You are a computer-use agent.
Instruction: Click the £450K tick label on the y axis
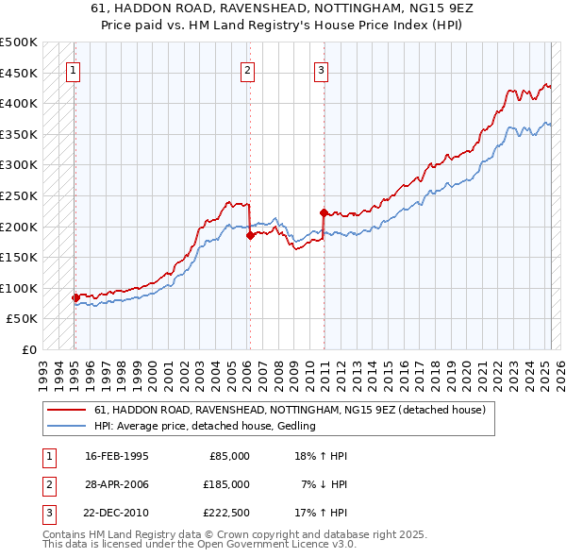click(19, 73)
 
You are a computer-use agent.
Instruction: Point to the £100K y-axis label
click(19, 288)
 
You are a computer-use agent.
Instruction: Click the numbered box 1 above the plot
click(74, 69)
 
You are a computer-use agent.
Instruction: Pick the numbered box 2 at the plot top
click(247, 69)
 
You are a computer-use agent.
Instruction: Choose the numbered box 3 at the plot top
click(321, 69)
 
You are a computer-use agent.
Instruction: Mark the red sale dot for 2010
click(323, 212)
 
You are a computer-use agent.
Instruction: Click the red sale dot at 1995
click(75, 297)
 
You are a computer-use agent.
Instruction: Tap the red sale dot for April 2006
click(250, 236)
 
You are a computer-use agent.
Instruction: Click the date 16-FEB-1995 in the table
click(117, 456)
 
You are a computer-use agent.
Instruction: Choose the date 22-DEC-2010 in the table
click(117, 513)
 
